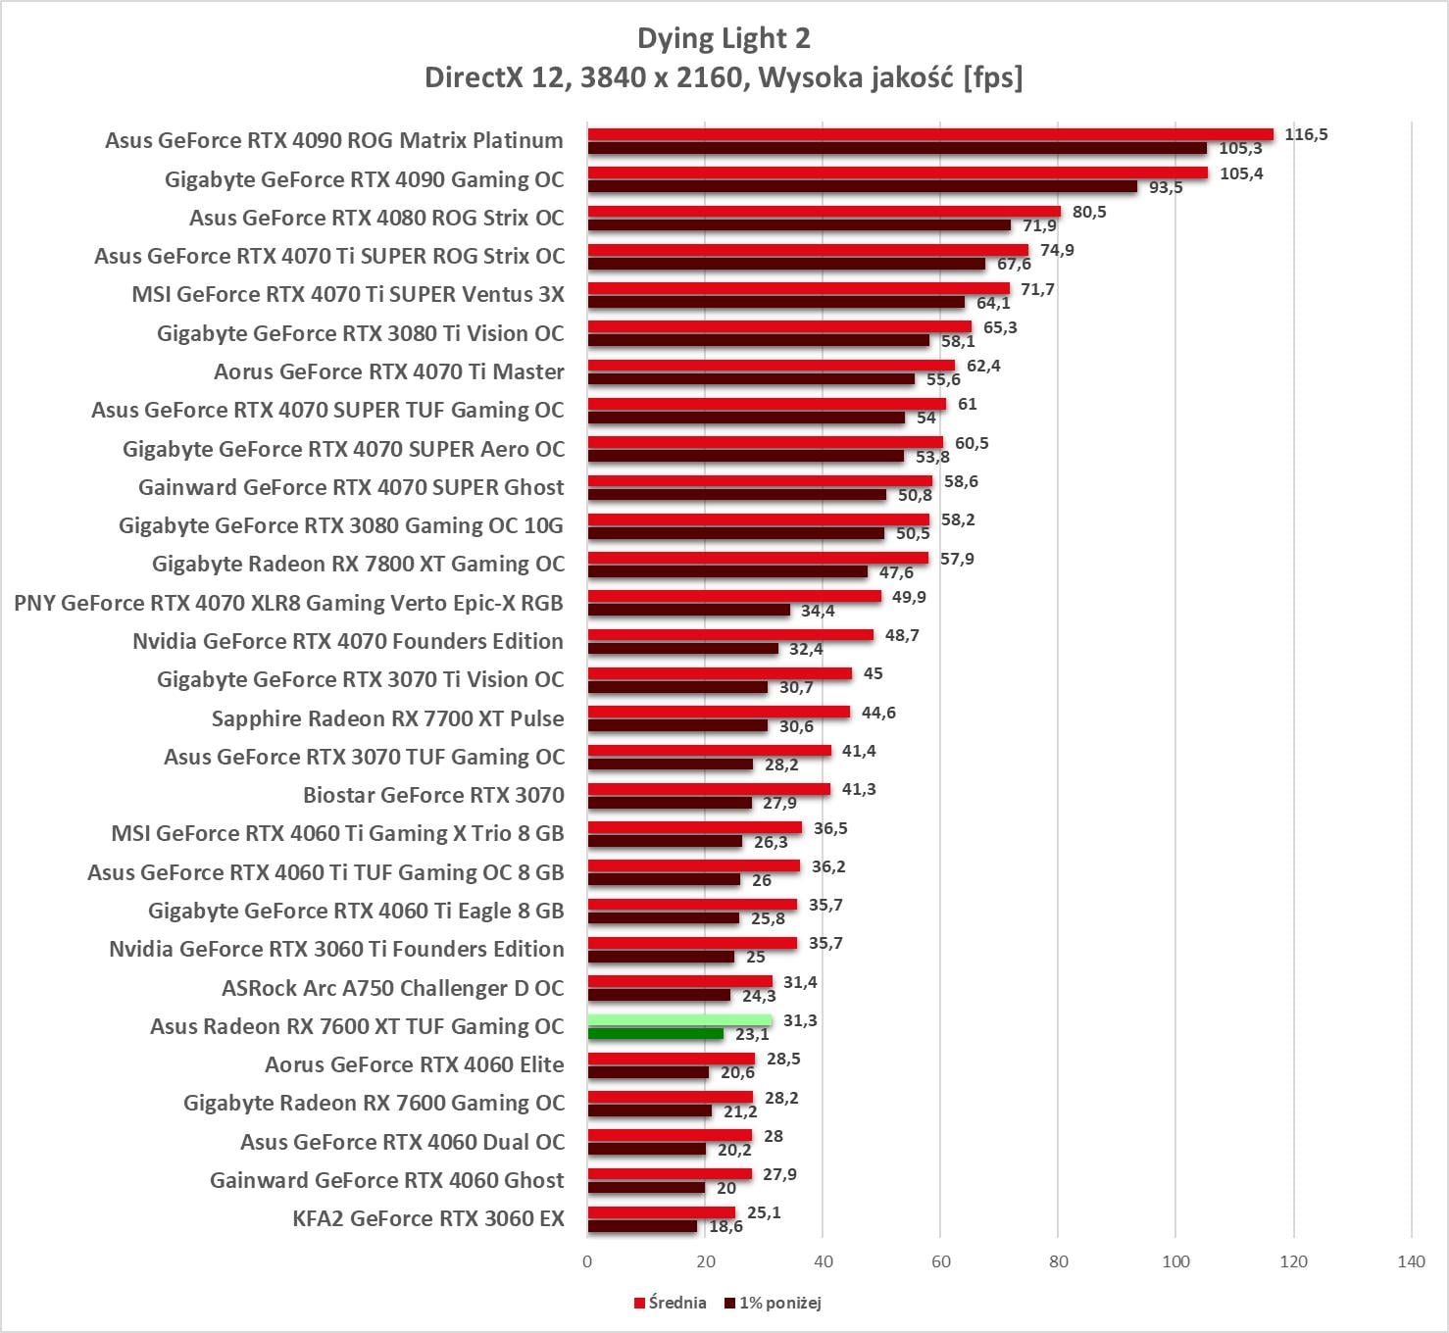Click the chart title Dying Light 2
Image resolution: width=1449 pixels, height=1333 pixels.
point(724,38)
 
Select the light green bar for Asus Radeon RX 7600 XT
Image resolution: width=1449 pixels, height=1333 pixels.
point(679,1020)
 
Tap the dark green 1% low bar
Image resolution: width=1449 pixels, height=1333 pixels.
point(655,1034)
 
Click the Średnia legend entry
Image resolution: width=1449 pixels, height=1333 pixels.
point(671,1303)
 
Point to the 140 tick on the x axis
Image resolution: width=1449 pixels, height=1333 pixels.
point(1411,1261)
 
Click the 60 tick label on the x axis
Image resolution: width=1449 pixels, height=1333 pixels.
point(940,1261)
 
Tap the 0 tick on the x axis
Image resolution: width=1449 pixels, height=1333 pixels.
point(587,1261)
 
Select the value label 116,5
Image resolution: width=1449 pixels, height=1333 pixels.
point(1306,134)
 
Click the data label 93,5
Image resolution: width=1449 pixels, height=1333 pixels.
point(1166,187)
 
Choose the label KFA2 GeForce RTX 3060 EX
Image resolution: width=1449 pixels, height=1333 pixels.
point(428,1218)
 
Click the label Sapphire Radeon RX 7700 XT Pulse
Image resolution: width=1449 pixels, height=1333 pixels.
point(387,718)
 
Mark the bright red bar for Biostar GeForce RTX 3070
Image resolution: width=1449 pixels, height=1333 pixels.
point(709,789)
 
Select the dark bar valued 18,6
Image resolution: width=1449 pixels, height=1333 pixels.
point(642,1226)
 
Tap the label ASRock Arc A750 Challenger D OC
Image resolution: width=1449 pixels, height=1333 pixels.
point(393,988)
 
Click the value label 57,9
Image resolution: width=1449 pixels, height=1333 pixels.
point(957,559)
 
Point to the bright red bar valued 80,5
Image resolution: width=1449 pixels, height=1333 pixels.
point(824,212)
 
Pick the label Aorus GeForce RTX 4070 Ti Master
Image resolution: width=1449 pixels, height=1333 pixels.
point(389,371)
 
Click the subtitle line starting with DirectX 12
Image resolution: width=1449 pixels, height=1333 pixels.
point(724,77)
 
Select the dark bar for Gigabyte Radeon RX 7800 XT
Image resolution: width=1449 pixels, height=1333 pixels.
point(727,572)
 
